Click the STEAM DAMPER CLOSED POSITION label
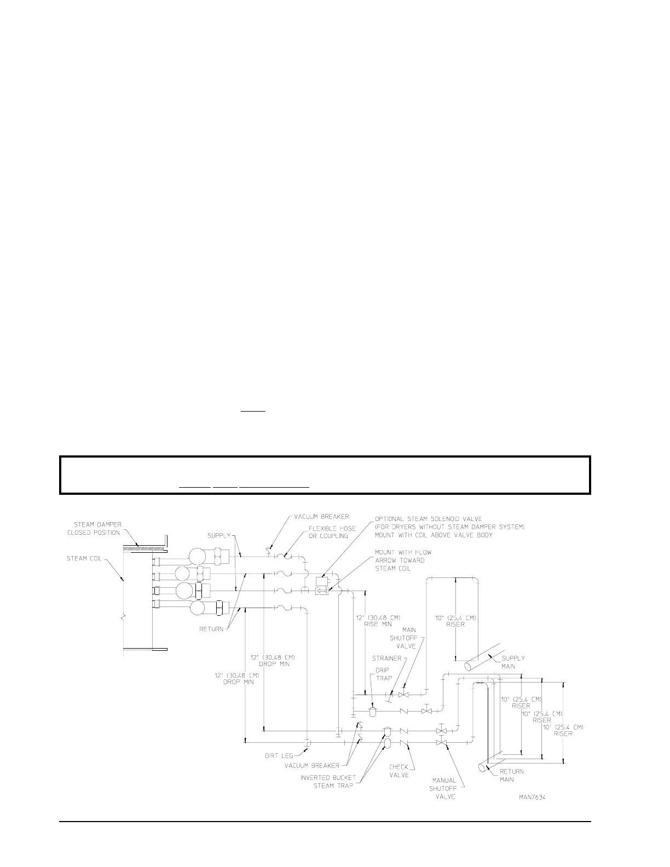pyautogui.click(x=97, y=529)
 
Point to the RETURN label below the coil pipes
pyautogui.click(x=211, y=629)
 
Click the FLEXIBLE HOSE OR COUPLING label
pyautogui.click(x=332, y=532)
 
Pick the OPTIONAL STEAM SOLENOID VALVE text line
pyautogui.click(x=428, y=518)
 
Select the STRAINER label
pyautogui.click(x=387, y=658)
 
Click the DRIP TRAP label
pyautogui.click(x=384, y=674)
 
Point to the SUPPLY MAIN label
pyautogui.click(x=513, y=662)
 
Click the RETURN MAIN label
pyautogui.click(x=511, y=775)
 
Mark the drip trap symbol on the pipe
pyautogui.click(x=373, y=712)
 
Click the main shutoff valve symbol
pyautogui.click(x=403, y=695)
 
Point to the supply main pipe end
pyautogui.click(x=469, y=666)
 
